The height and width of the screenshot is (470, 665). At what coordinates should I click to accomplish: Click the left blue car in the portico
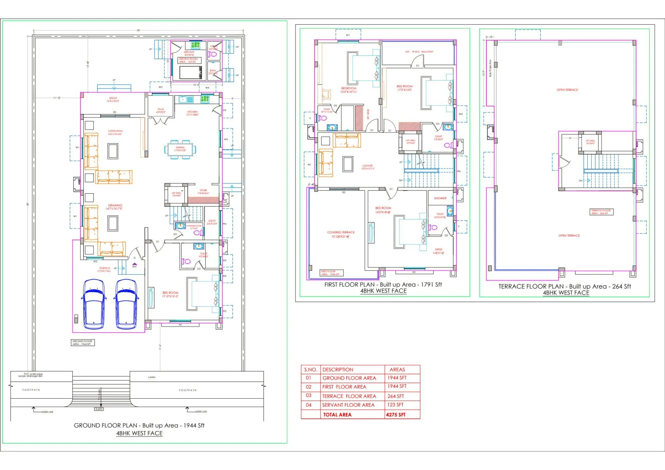(x=94, y=304)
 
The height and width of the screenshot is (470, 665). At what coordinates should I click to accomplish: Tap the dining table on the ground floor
(x=180, y=149)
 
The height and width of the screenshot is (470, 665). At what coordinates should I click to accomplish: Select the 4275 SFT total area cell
(x=396, y=415)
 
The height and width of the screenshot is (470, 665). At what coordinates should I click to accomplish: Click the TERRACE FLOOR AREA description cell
(x=349, y=396)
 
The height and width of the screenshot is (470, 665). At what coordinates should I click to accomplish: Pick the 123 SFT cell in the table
(x=395, y=405)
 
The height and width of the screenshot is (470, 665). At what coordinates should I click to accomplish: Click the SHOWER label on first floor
(x=440, y=198)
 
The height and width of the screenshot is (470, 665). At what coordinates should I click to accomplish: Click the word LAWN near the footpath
(x=152, y=377)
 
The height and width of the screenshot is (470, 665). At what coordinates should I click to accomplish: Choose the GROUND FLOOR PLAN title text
(x=139, y=425)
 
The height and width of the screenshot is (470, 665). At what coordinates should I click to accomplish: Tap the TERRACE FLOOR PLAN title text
(x=564, y=287)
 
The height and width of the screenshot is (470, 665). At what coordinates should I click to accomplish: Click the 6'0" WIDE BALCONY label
(x=419, y=52)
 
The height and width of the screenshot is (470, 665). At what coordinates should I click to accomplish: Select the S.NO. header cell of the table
(x=311, y=370)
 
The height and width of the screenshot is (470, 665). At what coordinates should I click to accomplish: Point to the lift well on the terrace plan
(x=590, y=142)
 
